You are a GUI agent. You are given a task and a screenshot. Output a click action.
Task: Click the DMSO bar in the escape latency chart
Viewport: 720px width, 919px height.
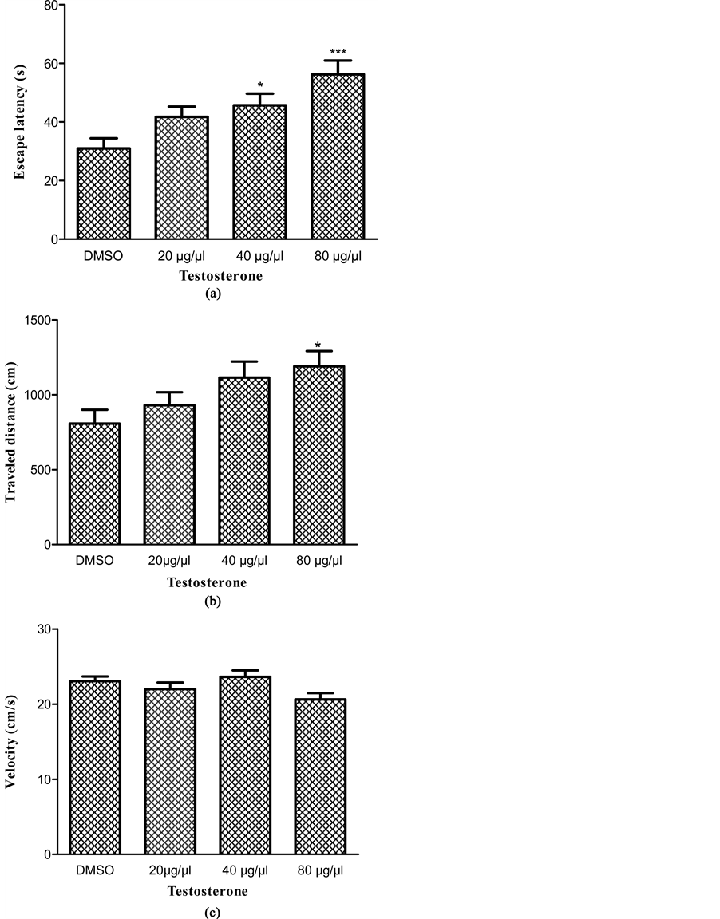(x=104, y=193)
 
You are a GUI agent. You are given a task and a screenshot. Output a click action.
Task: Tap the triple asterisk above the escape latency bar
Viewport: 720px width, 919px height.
(x=338, y=53)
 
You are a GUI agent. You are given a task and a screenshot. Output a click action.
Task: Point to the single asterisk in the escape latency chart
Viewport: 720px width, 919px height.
(x=260, y=85)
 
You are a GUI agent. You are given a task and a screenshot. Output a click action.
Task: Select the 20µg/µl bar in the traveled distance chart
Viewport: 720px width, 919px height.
(x=169, y=475)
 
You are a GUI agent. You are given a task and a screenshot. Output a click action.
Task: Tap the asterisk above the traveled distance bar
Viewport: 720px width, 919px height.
(x=318, y=345)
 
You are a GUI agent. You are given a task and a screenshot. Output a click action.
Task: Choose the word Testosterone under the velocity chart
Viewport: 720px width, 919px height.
(x=207, y=891)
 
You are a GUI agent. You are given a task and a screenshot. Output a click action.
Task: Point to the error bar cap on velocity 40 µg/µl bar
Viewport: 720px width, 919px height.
(x=245, y=671)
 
